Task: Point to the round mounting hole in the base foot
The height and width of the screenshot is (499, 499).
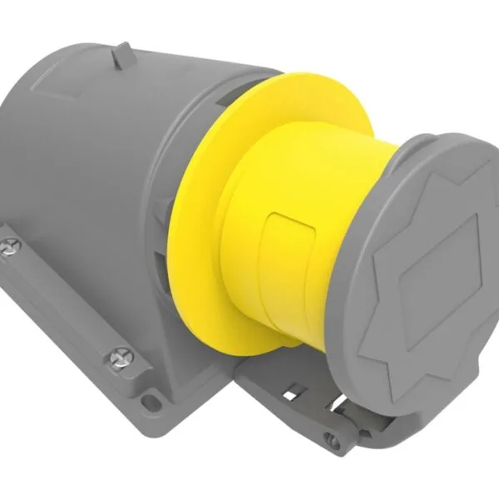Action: click(151, 403)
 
